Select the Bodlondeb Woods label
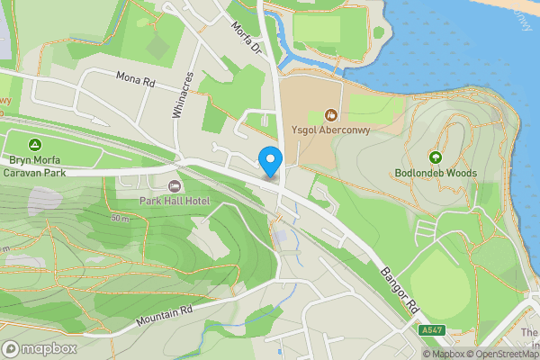point(436,173)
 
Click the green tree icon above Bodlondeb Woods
point(436,156)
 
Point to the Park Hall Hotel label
point(174,199)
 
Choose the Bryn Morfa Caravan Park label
point(35,166)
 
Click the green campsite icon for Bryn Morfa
point(35,144)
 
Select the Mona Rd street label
point(137,79)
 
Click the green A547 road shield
point(432,331)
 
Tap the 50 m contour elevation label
point(119,219)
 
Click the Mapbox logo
point(39,348)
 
